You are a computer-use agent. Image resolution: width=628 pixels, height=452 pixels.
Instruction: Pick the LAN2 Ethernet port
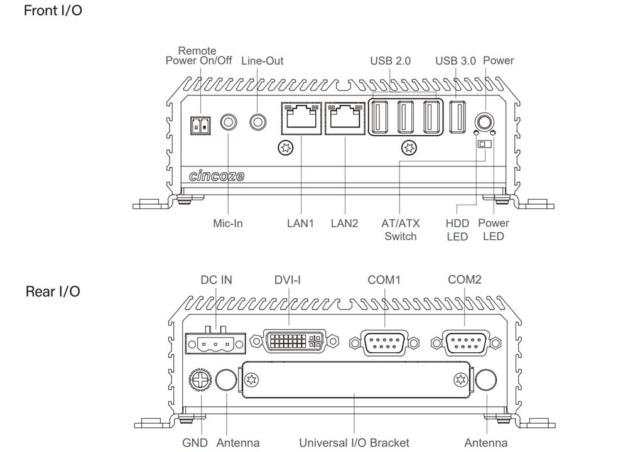click(345, 118)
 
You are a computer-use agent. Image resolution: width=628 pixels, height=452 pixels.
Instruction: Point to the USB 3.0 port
click(458, 118)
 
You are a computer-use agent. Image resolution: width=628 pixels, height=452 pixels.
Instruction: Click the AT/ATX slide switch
click(483, 144)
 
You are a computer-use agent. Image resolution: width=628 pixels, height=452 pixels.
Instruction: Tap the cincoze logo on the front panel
click(217, 176)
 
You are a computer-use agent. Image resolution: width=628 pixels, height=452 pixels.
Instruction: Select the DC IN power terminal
click(213, 343)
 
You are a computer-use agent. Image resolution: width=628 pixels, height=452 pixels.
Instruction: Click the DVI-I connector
click(293, 342)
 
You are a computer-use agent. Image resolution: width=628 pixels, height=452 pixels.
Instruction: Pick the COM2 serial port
click(465, 343)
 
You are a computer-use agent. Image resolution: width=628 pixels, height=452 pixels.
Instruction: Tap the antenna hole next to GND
click(225, 379)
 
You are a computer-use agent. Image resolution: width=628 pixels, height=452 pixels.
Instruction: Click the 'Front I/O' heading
click(53, 11)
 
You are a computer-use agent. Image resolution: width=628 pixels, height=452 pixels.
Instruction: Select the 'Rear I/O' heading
click(53, 292)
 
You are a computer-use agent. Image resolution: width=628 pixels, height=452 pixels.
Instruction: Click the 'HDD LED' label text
click(457, 230)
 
